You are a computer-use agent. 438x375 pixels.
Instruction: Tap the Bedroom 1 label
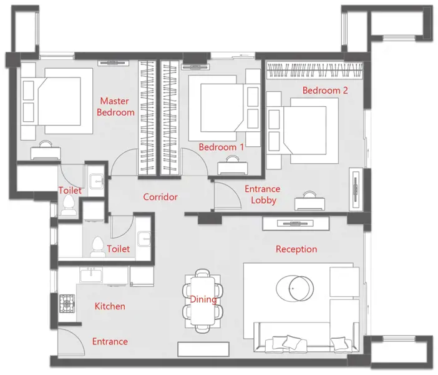(x=221, y=147)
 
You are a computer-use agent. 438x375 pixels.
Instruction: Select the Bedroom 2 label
(x=325, y=90)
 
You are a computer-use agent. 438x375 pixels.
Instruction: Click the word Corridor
(x=160, y=197)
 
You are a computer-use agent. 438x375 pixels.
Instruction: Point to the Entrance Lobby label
(x=262, y=194)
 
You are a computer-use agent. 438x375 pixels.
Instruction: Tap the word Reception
(x=296, y=249)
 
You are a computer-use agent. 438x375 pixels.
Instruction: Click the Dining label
(x=203, y=299)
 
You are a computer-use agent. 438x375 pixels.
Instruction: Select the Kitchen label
(x=110, y=306)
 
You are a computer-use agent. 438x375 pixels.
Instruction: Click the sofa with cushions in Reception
(x=306, y=338)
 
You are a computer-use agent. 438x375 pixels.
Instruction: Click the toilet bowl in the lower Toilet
(x=97, y=246)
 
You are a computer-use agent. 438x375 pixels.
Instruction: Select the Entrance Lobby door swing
(x=226, y=194)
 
